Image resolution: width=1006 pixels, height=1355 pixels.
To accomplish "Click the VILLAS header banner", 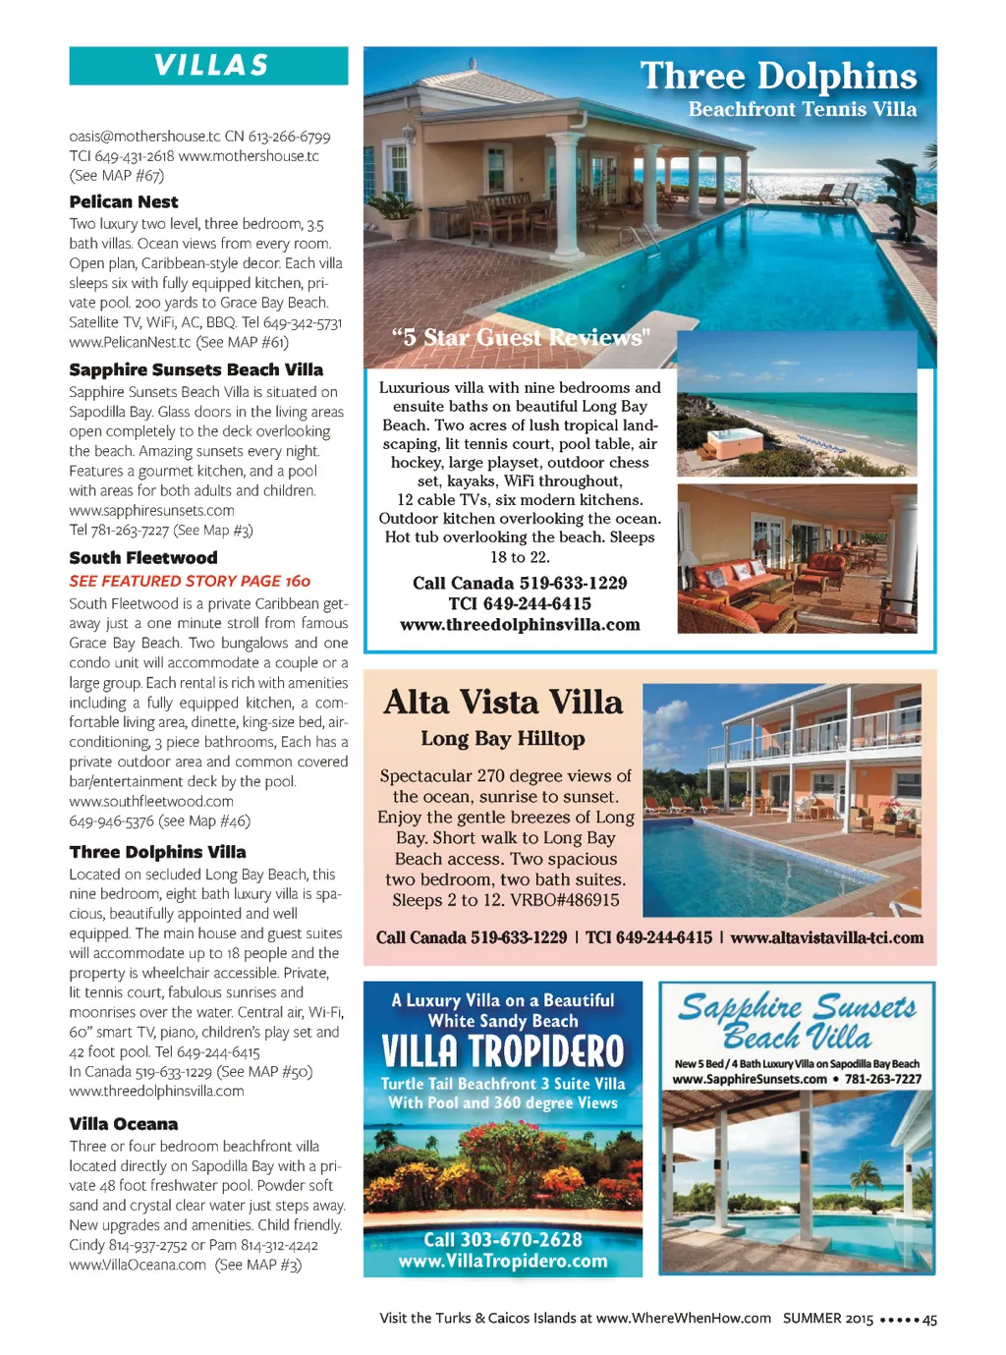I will (209, 66).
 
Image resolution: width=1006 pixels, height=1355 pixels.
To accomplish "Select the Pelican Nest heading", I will (124, 202).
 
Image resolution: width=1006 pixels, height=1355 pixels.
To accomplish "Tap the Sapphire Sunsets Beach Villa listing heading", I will (196, 369).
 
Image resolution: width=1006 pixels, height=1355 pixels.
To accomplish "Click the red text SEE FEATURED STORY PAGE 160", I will (190, 581).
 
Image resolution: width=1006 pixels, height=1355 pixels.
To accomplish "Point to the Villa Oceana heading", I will (124, 1123).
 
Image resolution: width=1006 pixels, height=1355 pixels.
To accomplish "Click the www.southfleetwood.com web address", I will (151, 801).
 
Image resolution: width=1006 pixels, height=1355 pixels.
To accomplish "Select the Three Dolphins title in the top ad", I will (778, 77).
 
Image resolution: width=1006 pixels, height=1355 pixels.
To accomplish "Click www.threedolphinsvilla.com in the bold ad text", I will (520, 625).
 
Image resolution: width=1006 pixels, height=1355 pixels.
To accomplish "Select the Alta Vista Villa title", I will (503, 703).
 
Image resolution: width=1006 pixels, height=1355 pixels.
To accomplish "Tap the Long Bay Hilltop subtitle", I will (503, 739).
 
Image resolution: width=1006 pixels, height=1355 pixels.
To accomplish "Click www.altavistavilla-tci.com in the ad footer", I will (826, 937).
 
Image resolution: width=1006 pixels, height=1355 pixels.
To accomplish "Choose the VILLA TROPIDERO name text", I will (503, 1051).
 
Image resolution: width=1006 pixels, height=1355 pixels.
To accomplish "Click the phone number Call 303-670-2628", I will (503, 1240).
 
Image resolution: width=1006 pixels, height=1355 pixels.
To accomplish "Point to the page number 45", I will (929, 1320).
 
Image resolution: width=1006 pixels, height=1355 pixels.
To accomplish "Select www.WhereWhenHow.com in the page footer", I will (683, 1319).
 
